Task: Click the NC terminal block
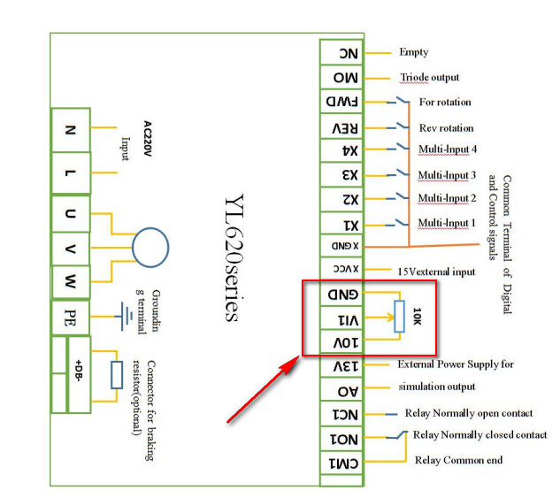[341, 53]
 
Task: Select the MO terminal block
[341, 78]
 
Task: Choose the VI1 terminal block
[341, 318]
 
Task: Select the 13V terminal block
[341, 365]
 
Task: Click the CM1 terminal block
[341, 461]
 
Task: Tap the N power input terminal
[71, 129]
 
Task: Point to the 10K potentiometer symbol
[397, 317]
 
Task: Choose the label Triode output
[429, 78]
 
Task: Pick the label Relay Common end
[458, 460]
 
